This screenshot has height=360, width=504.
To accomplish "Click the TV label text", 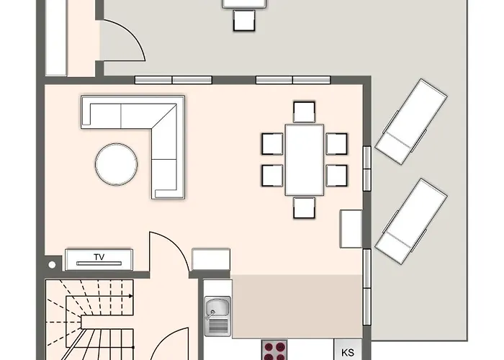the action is [x=99, y=257].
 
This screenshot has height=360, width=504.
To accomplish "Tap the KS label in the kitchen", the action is [x=348, y=353].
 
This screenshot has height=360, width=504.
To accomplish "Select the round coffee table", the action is [x=117, y=164].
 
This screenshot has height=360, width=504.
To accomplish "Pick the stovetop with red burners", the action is [x=274, y=351].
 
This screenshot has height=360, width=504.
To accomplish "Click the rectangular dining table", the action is [x=305, y=160].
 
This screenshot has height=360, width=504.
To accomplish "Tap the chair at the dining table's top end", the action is [x=304, y=112].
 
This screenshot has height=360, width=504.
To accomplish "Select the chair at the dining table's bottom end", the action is [x=304, y=207].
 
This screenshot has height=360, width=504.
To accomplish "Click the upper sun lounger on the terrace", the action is [x=411, y=122].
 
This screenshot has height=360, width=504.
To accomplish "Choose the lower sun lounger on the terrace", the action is [x=411, y=222].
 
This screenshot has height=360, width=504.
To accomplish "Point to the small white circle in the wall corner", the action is [x=52, y=265].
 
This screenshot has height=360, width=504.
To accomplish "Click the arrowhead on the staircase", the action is [x=131, y=296].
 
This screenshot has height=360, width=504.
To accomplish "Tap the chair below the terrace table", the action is [x=244, y=21].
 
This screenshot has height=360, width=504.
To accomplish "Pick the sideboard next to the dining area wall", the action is [x=351, y=229].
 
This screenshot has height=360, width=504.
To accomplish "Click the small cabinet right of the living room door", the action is [x=211, y=260].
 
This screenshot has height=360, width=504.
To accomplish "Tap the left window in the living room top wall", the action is [x=174, y=80].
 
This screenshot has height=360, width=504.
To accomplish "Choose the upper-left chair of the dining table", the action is [x=272, y=144].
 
